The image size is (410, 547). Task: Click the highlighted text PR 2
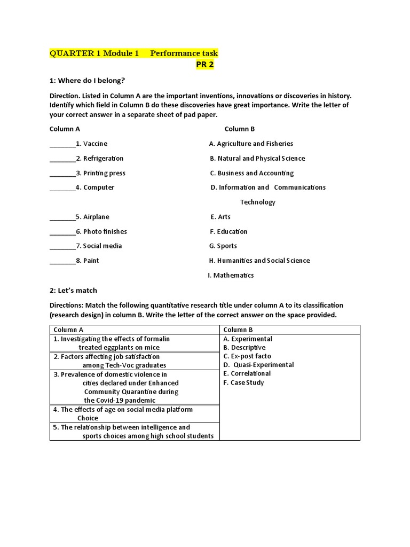pos(204,65)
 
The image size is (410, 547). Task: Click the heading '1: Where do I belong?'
pos(87,81)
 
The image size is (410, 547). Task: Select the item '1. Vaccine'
pos(91,144)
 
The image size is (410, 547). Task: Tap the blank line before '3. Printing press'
pos(62,174)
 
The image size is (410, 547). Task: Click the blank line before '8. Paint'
pos(62,261)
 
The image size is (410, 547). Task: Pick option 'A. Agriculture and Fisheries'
pos(251,144)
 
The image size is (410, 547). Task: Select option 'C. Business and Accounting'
pos(251,173)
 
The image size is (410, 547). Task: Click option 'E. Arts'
pos(220,217)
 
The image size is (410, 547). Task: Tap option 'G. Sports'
pos(223,246)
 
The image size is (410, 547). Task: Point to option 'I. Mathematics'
pos(231,276)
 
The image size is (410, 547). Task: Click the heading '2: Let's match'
pos(73,291)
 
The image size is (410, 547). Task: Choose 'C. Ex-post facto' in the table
pos(247,356)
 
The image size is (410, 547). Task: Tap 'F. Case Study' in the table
pos(243,382)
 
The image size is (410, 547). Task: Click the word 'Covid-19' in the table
pos(111,400)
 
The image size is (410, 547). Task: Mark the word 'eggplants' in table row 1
pos(119,348)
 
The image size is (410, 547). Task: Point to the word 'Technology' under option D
pos(257,202)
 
